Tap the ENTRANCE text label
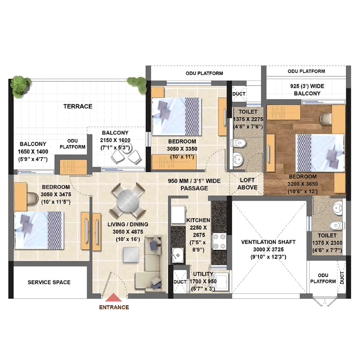click(x=114, y=307)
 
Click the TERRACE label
click(x=78, y=106)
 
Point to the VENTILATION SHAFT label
click(x=268, y=242)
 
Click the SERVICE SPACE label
click(x=49, y=282)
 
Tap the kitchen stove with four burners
click(x=219, y=241)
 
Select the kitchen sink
click(x=178, y=255)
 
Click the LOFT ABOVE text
click(x=247, y=184)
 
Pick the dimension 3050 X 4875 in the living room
click(x=128, y=232)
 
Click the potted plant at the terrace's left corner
click(x=21, y=86)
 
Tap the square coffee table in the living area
click(x=130, y=255)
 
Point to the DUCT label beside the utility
click(x=180, y=282)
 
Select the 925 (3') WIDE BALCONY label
click(x=307, y=90)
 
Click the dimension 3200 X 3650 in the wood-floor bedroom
click(x=302, y=184)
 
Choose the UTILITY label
click(x=203, y=274)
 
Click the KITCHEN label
click(x=198, y=220)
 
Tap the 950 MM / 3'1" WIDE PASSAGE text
click(x=194, y=184)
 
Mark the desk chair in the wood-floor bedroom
click(x=326, y=118)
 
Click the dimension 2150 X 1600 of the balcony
click(x=115, y=140)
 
